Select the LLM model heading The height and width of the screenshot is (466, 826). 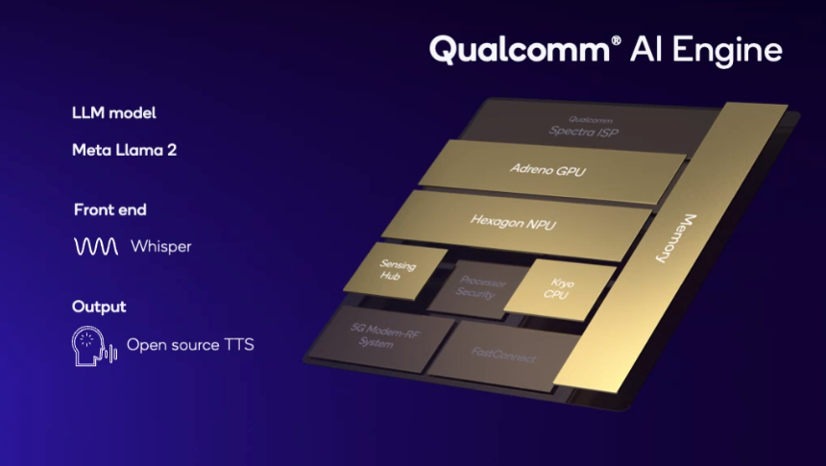point(113,112)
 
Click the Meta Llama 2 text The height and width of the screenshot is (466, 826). point(124,150)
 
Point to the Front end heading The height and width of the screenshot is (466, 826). point(109,208)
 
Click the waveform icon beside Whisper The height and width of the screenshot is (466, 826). point(96,247)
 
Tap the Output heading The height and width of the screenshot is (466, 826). point(99,307)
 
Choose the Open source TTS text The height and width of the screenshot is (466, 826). point(190,344)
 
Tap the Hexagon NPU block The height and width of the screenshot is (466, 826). point(514,221)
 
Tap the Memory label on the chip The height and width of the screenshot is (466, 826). point(676,239)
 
